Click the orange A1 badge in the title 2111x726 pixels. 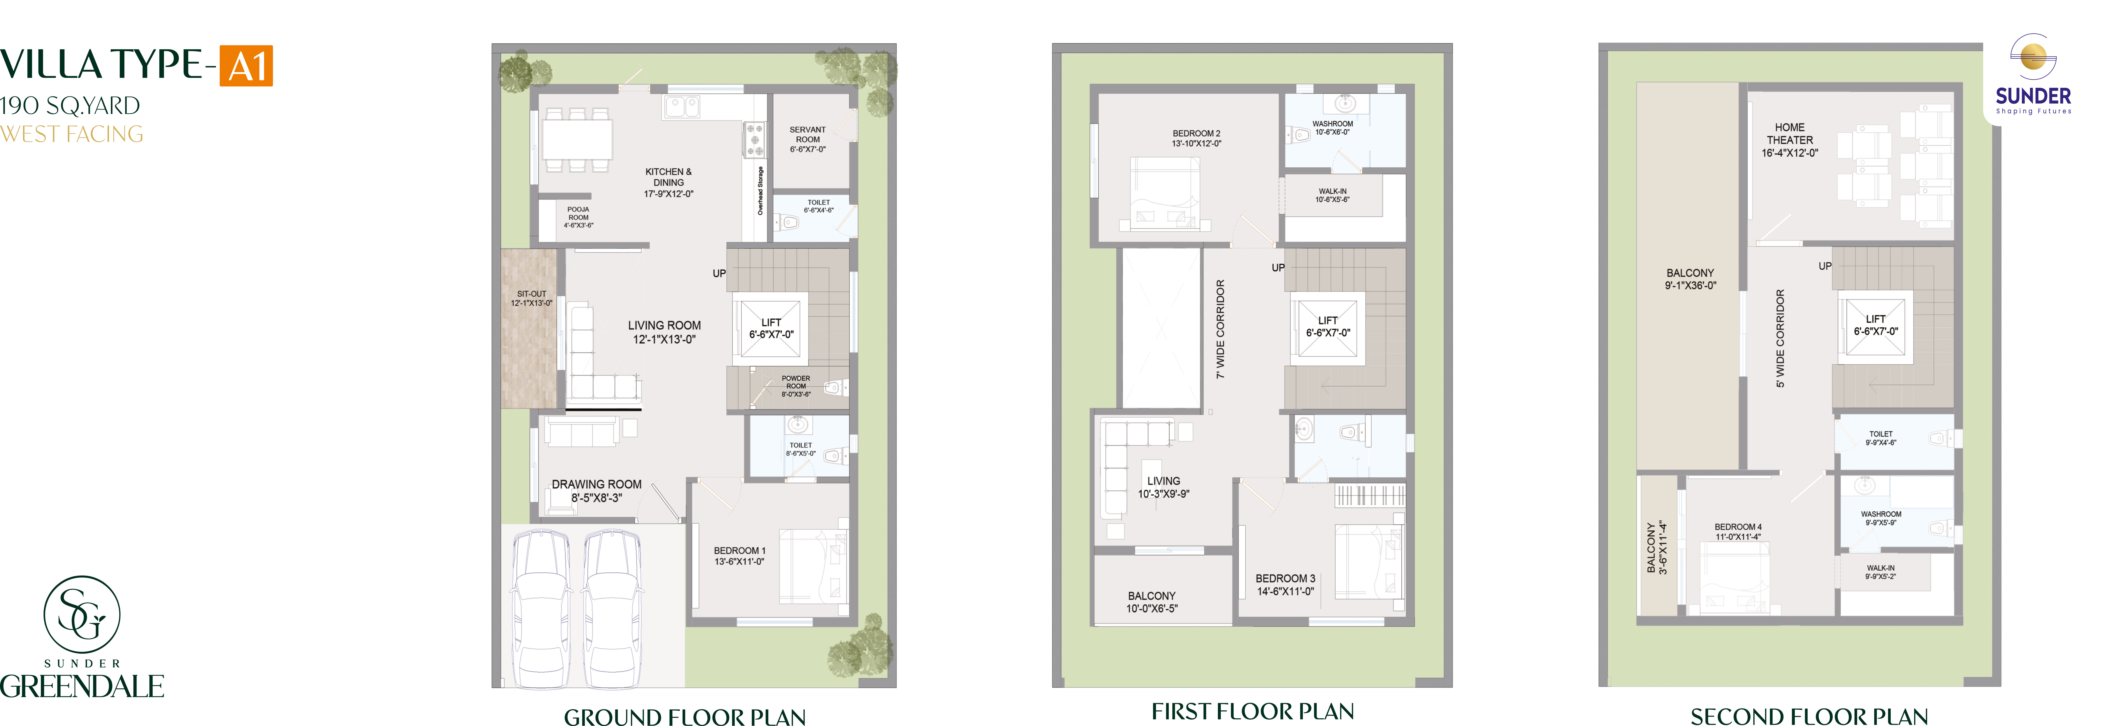click(x=246, y=66)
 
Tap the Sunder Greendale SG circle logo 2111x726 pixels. click(x=82, y=614)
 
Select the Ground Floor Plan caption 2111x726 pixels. click(x=685, y=717)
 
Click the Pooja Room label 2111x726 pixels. click(x=579, y=217)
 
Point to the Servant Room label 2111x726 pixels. click(x=808, y=139)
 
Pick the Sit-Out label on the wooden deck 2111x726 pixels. click(x=532, y=298)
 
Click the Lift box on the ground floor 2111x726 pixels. click(x=770, y=328)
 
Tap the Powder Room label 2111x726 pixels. click(x=796, y=386)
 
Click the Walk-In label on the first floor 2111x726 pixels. click(x=1333, y=195)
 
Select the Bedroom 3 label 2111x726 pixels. click(x=1285, y=584)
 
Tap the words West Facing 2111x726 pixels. click(x=72, y=134)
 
